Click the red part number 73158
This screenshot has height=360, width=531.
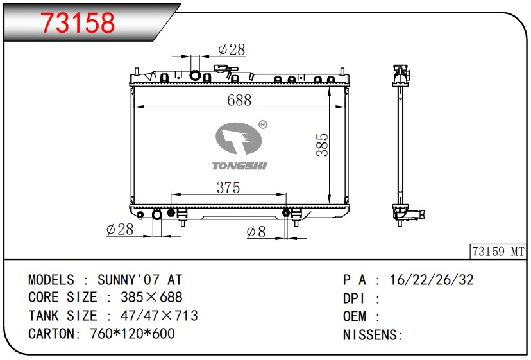pos(78,22)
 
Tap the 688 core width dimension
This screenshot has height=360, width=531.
pos(239,100)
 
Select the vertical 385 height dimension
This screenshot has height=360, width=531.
pos(322,145)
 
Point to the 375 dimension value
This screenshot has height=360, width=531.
pos(228,187)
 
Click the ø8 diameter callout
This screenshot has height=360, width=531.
pos(257,232)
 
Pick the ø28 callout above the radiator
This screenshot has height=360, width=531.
pos(232,49)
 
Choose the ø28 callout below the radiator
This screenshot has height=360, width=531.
pos(120,230)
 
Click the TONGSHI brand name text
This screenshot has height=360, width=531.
pos(239,166)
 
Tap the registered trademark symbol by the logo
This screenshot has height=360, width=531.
pos(263,124)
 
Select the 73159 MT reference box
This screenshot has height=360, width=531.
pos(498,252)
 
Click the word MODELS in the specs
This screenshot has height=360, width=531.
pos(51,280)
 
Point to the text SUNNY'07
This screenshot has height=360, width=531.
pos(128,280)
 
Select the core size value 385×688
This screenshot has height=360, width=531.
pos(151,297)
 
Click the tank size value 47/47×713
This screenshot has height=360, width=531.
pos(159,316)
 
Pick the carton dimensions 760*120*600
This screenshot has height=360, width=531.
pos(132,334)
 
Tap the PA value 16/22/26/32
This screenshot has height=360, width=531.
pos(432,280)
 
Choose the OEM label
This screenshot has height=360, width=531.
pos(355,316)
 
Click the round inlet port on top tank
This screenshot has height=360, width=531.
pos(195,75)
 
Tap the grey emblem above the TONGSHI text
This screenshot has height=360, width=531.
pos(239,139)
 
